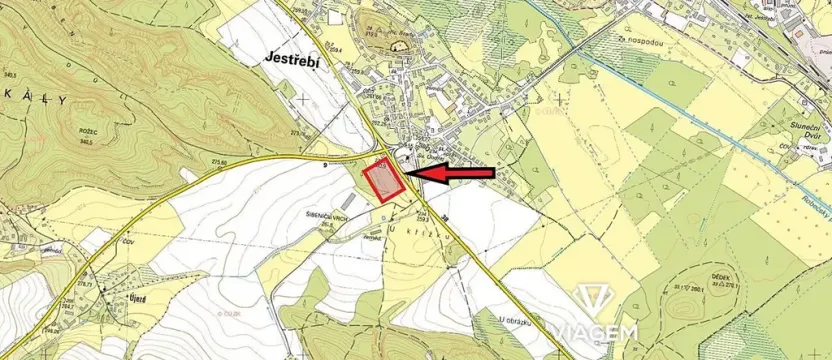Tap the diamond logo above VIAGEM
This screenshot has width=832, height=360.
(x=599, y=296)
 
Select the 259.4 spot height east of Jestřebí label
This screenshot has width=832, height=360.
(x=336, y=49)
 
